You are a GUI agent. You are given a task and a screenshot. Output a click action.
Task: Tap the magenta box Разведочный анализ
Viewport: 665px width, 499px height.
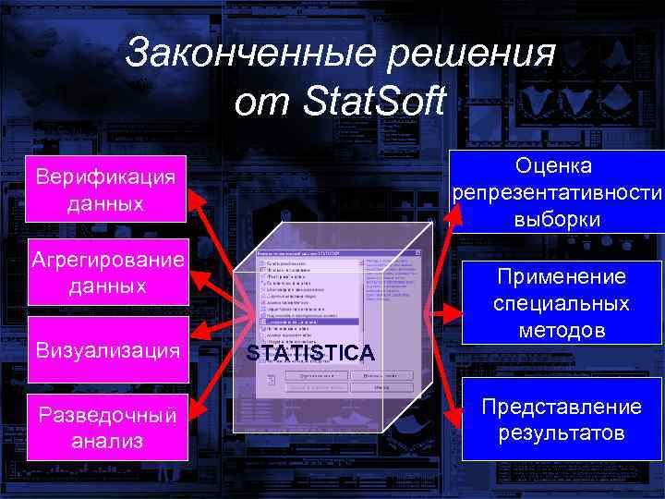tap(106, 427)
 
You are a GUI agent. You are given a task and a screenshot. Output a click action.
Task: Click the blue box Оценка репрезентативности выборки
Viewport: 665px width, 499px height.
tap(556, 192)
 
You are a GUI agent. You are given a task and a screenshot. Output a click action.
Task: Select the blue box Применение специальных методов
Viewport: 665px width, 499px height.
tap(562, 303)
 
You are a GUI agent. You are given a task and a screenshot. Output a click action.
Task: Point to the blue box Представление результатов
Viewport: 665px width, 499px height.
tap(562, 420)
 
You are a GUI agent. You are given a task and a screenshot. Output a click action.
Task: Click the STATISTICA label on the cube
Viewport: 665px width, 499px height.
tap(310, 353)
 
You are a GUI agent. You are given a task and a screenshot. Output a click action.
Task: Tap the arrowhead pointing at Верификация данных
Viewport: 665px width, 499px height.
tap(195, 197)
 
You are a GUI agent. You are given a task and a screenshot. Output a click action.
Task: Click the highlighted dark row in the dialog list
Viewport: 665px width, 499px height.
tap(310, 321)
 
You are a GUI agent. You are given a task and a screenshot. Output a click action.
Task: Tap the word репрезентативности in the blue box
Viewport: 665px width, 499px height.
tap(557, 193)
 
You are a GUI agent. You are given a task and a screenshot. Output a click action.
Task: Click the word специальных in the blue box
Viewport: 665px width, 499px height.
tap(562, 303)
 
